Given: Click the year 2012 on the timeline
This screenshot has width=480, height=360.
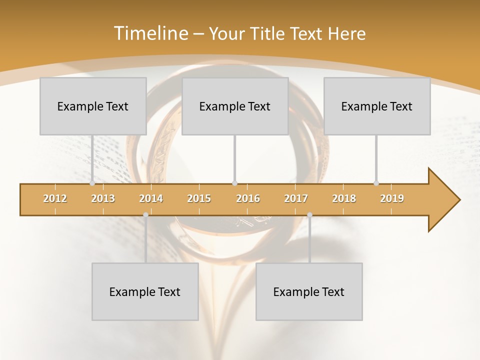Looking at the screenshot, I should [55, 198].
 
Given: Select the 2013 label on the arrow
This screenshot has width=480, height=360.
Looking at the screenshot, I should [103, 198].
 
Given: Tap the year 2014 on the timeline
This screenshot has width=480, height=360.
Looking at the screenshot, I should [151, 198].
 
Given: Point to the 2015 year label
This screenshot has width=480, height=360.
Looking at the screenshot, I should [199, 198].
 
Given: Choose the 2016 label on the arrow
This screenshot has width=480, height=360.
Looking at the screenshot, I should [248, 198].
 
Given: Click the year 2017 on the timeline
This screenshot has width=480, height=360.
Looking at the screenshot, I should [296, 198].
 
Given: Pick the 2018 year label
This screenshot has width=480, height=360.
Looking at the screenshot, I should [344, 198].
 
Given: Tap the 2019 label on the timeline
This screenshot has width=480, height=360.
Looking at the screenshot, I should [392, 198].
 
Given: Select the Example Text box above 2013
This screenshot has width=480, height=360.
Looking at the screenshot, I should [93, 106].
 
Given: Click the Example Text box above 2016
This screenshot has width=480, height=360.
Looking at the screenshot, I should [235, 106].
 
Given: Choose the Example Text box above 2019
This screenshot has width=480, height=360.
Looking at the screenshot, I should [377, 106].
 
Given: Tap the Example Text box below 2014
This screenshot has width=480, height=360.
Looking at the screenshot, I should [145, 291].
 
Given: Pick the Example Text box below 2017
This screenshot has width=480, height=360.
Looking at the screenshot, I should [309, 291].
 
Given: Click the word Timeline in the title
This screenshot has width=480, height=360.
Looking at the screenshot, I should [150, 33].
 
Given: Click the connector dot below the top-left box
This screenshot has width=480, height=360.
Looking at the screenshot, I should [92, 183].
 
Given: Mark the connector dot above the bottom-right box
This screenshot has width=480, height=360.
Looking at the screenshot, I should [309, 215].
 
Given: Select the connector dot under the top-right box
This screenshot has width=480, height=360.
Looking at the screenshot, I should [376, 183].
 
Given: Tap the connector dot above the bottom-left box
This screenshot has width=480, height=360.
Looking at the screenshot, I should [145, 215].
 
